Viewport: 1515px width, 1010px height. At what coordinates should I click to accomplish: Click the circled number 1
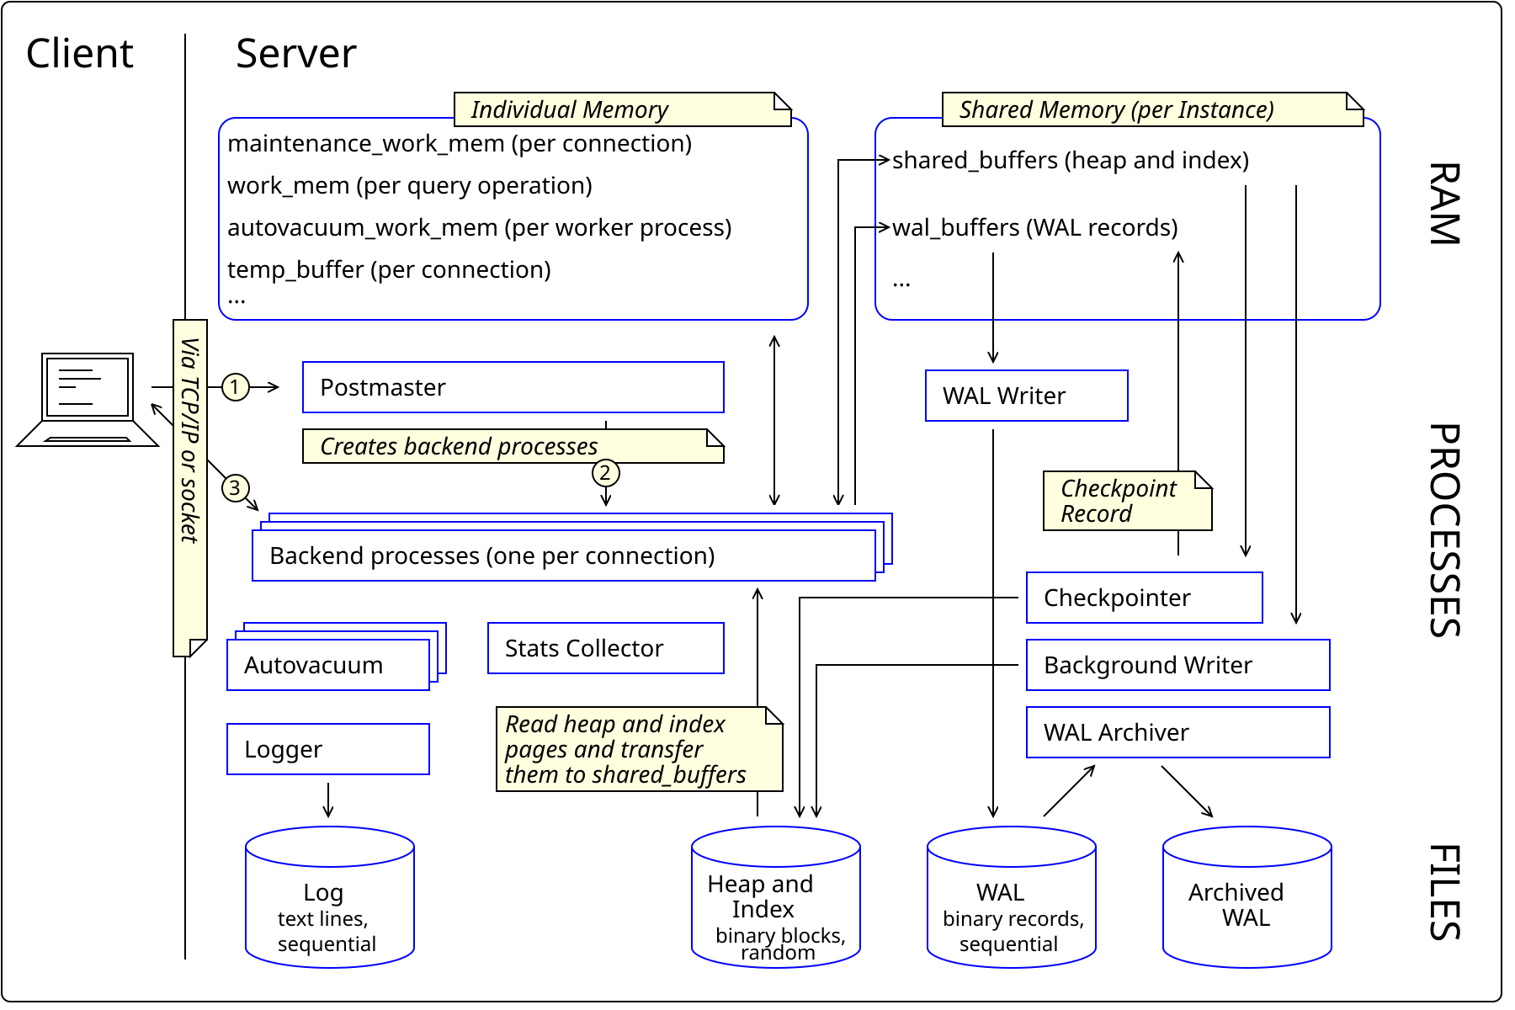tap(236, 387)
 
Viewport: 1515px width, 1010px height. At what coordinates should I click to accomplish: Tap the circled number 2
tap(606, 473)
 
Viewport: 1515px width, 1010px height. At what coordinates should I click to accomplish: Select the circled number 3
tap(236, 488)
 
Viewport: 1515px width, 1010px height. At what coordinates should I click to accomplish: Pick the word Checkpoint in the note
tap(1119, 489)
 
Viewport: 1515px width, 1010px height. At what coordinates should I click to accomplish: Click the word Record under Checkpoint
tap(1096, 514)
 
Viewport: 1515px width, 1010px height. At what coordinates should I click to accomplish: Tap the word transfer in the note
tap(662, 750)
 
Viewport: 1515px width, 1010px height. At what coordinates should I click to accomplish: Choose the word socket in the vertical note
tap(190, 509)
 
